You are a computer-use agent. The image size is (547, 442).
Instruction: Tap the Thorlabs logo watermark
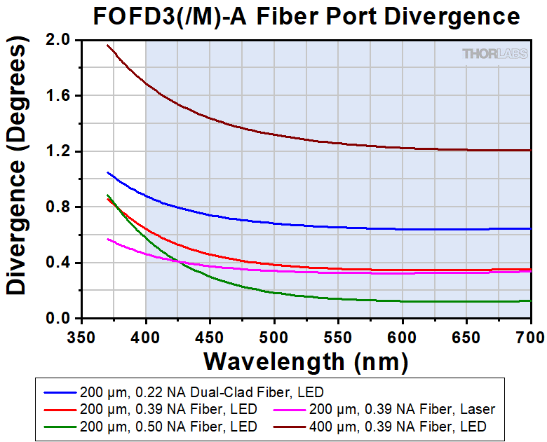coord(493,53)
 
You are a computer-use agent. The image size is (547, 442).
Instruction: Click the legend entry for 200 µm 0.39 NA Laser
coord(394,409)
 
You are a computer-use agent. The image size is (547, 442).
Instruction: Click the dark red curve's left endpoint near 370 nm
coord(107,45)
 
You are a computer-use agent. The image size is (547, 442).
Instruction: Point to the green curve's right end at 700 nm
coord(529,301)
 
